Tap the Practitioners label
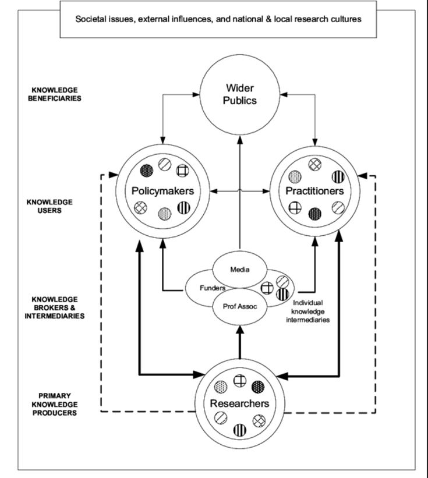coord(315,191)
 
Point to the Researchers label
coord(240,403)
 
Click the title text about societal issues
coord(218,19)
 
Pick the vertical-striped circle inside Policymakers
coord(184,207)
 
